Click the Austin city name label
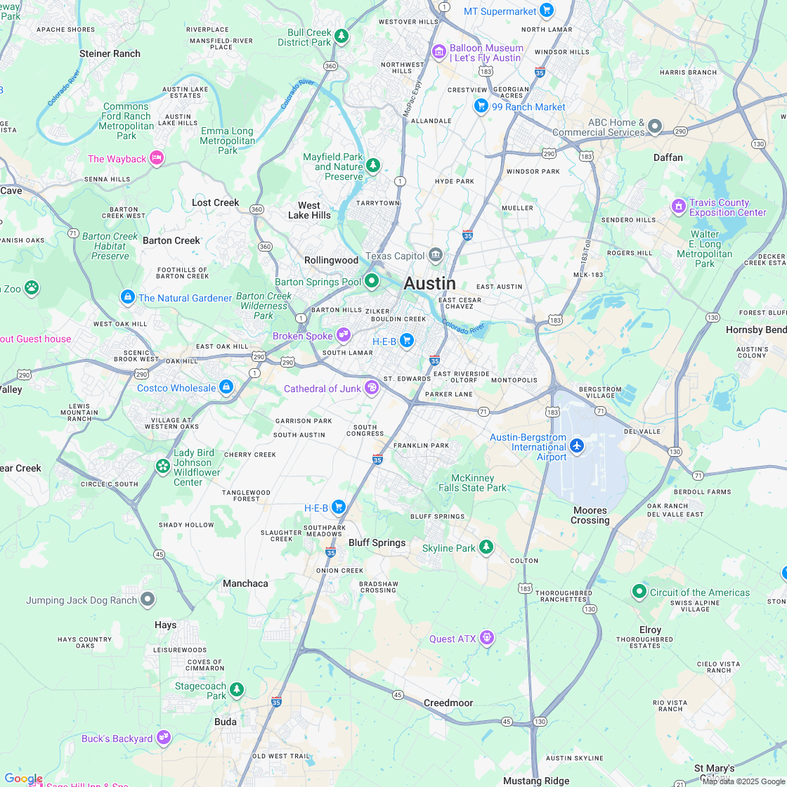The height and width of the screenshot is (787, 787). (429, 283)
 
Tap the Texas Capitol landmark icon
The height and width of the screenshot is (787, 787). (436, 254)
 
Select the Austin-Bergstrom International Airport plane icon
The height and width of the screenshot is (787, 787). (577, 445)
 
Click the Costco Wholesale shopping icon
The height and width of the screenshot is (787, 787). (226, 387)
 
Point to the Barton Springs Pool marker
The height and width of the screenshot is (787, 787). (372, 281)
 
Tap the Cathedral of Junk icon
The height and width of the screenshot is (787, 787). (372, 387)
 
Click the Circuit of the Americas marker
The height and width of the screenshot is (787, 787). (639, 592)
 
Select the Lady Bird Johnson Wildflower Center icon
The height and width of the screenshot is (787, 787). (163, 466)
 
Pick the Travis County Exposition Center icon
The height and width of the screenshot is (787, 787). (678, 207)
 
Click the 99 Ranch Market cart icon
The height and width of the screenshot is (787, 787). (481, 105)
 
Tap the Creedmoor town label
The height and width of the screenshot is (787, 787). (448, 703)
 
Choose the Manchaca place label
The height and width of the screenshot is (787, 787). (245, 583)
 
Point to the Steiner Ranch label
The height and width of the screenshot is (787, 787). (110, 53)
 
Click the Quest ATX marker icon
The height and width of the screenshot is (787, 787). (487, 638)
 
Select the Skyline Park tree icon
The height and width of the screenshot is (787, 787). (486, 547)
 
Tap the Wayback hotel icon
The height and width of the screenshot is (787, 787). (157, 158)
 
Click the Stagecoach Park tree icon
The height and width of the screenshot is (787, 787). (238, 689)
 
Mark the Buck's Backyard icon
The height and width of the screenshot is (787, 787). (164, 737)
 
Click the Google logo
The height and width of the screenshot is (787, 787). (23, 779)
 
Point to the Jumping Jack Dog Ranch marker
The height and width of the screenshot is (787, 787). (148, 599)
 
